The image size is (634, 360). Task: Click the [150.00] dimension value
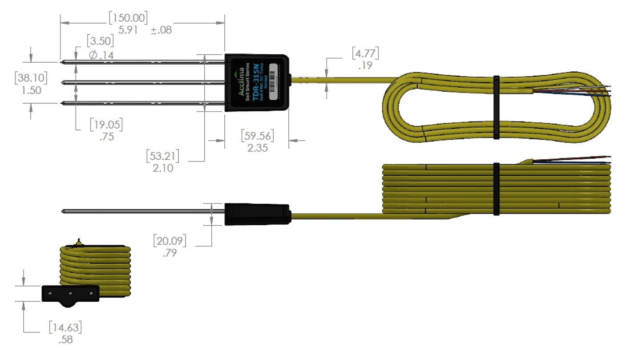pos(128,18)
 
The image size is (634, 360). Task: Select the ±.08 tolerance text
pos(162,30)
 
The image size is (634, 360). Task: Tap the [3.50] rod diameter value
pos(100,41)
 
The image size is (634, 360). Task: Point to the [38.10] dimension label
pos(31,77)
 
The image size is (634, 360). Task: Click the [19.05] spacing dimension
pos(106,124)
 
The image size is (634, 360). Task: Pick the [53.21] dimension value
pos(162,156)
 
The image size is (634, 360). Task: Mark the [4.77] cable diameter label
pos(365,53)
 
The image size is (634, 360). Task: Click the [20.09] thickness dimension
pos(170,241)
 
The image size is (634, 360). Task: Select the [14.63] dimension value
pos(65,328)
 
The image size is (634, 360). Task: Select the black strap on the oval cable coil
pos(497,107)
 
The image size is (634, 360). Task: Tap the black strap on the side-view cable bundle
pos(496,189)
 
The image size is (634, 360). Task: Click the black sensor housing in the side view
pos(257,214)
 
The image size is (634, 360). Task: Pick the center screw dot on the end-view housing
pos(70,294)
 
